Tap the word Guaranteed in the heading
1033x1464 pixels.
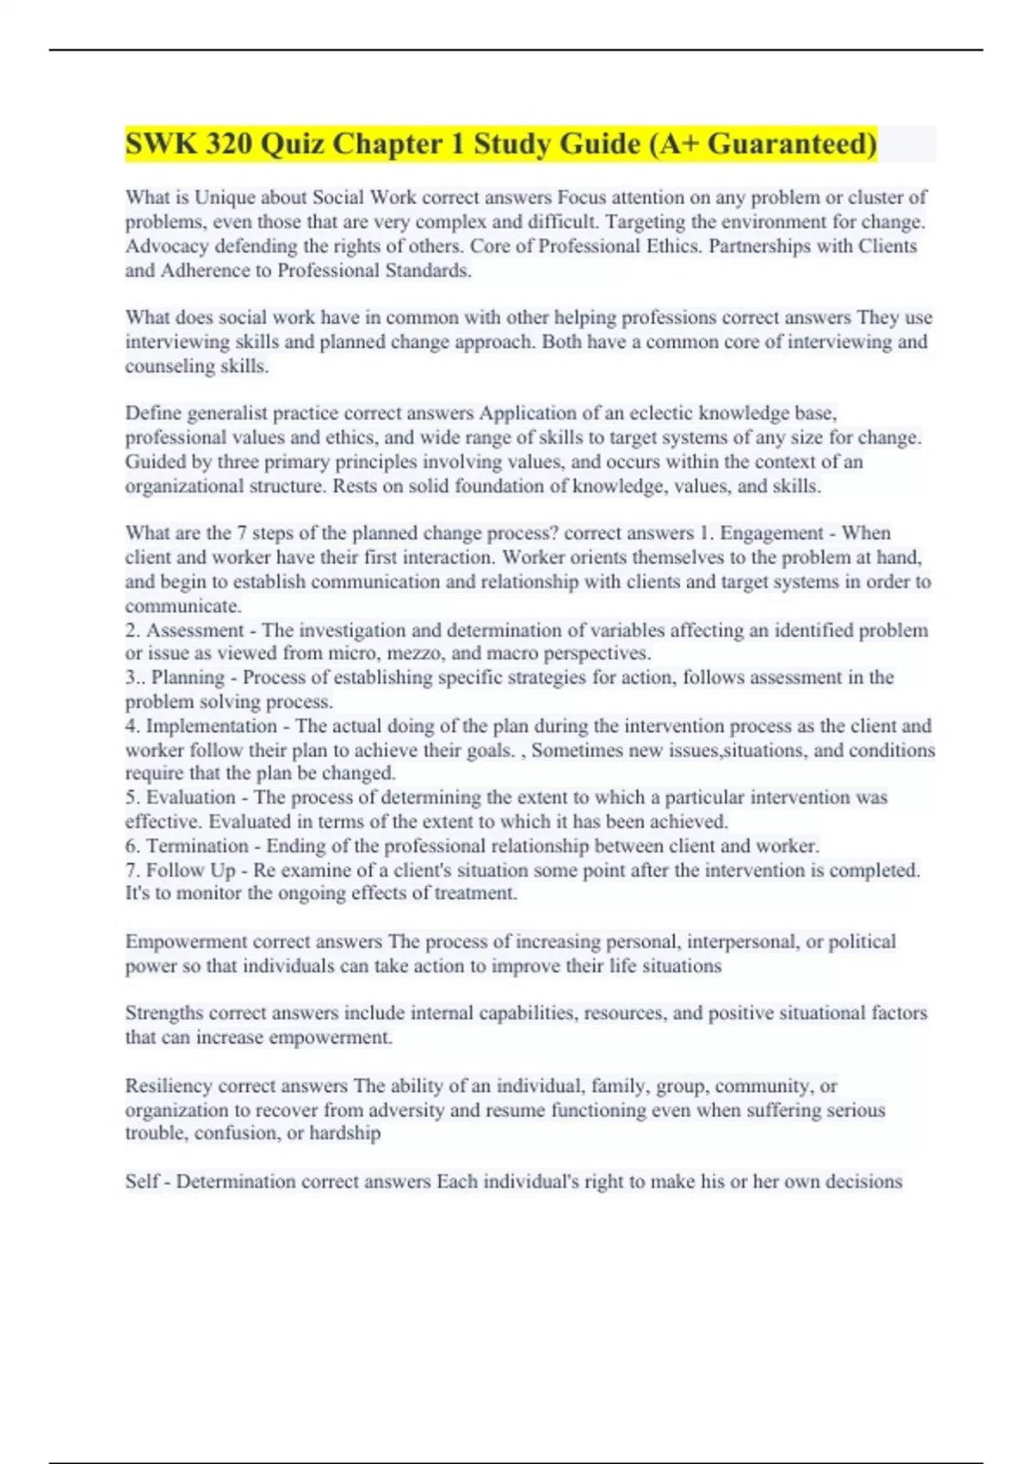pos(792,144)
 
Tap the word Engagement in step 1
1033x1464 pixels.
pos(771,533)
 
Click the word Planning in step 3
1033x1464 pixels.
pos(188,678)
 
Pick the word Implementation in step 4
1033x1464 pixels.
pos(211,726)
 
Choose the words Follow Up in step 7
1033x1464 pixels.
pos(190,870)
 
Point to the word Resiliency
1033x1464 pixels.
pos(169,1086)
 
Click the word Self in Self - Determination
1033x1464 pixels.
pos(142,1182)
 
